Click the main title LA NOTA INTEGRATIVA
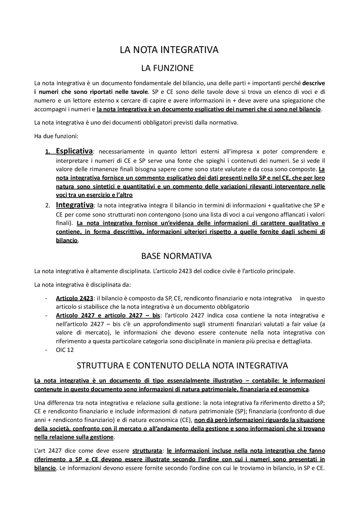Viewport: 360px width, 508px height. [x=169, y=50]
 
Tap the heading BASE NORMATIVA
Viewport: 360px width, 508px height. [x=176, y=256]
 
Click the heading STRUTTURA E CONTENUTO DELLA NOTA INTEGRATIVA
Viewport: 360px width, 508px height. [x=182, y=366]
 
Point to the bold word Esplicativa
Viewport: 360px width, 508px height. [x=74, y=151]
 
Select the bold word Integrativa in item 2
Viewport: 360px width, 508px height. [x=75, y=205]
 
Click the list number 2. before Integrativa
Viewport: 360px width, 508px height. [x=48, y=206]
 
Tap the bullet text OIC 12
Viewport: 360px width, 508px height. [x=65, y=350]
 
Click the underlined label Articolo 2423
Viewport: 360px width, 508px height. [x=74, y=298]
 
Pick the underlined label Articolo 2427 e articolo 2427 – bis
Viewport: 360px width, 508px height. [x=108, y=315]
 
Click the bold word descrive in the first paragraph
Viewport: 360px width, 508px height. [x=313, y=83]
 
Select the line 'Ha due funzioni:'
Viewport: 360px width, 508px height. [x=56, y=136]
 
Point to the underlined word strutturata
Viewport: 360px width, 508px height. [x=147, y=451]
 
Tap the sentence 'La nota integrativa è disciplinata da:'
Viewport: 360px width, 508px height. [x=82, y=285]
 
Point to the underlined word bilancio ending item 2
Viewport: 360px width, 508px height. [x=67, y=241]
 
